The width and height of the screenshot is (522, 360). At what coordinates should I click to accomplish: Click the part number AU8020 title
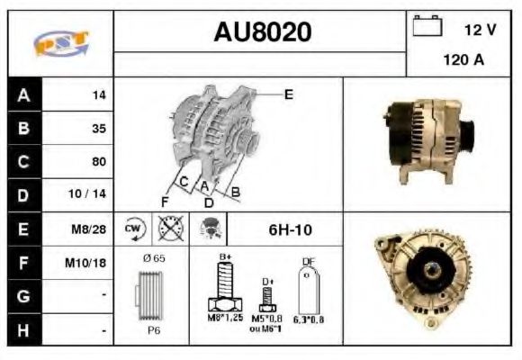[262, 32]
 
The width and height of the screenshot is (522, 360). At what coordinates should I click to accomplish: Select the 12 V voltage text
[479, 30]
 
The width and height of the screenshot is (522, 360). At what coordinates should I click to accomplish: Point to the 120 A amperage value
[463, 60]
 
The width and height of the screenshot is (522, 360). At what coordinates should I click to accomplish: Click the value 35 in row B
[99, 129]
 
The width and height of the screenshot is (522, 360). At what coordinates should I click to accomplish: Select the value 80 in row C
[99, 162]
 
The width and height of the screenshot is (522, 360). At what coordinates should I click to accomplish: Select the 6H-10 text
[291, 229]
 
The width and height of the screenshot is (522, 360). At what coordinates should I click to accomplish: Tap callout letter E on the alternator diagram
[289, 94]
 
